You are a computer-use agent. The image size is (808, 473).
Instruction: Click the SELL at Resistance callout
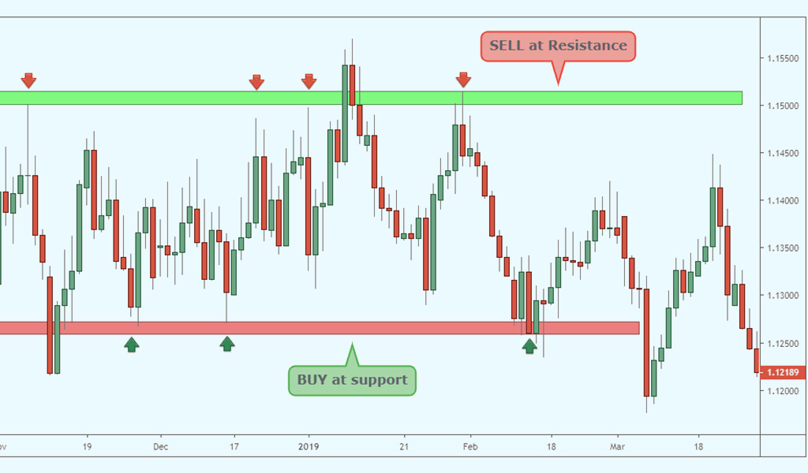558,46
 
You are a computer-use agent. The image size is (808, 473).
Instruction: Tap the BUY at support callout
352,381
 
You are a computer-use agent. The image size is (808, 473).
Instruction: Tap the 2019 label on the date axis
309,445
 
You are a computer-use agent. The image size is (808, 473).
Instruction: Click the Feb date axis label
469,445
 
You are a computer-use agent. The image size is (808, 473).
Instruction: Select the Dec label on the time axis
161,445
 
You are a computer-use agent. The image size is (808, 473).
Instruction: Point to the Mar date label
617,445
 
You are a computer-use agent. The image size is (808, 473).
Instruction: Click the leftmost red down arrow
28,80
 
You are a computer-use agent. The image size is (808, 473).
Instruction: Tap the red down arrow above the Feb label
463,80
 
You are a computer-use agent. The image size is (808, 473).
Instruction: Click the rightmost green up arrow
529,345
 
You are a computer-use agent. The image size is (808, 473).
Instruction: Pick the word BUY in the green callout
310,381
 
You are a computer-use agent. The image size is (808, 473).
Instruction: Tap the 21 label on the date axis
403,445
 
